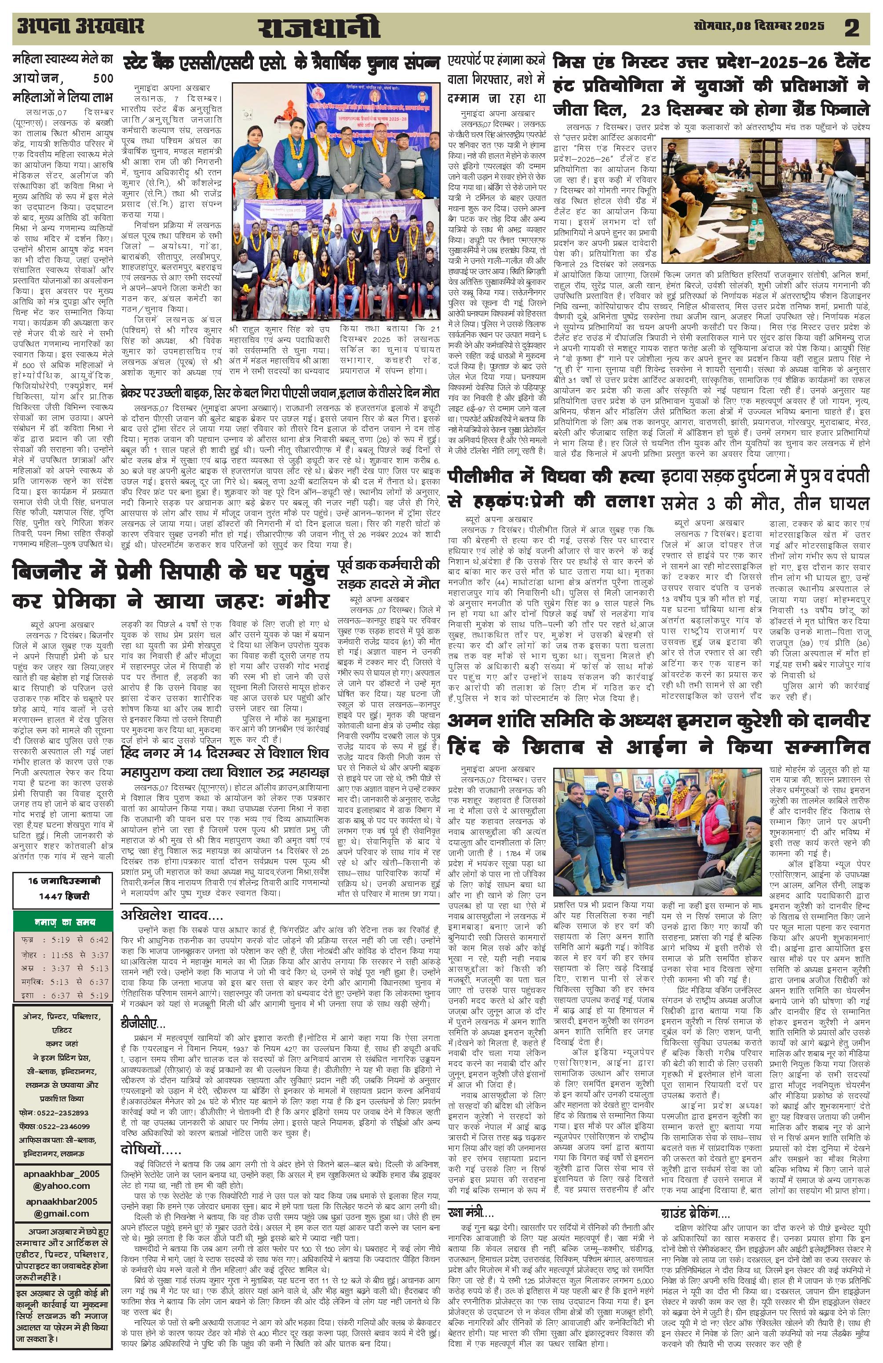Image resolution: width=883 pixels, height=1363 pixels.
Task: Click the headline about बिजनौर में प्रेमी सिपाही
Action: (171, 584)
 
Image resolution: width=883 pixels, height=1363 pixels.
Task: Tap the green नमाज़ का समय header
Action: (62, 922)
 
